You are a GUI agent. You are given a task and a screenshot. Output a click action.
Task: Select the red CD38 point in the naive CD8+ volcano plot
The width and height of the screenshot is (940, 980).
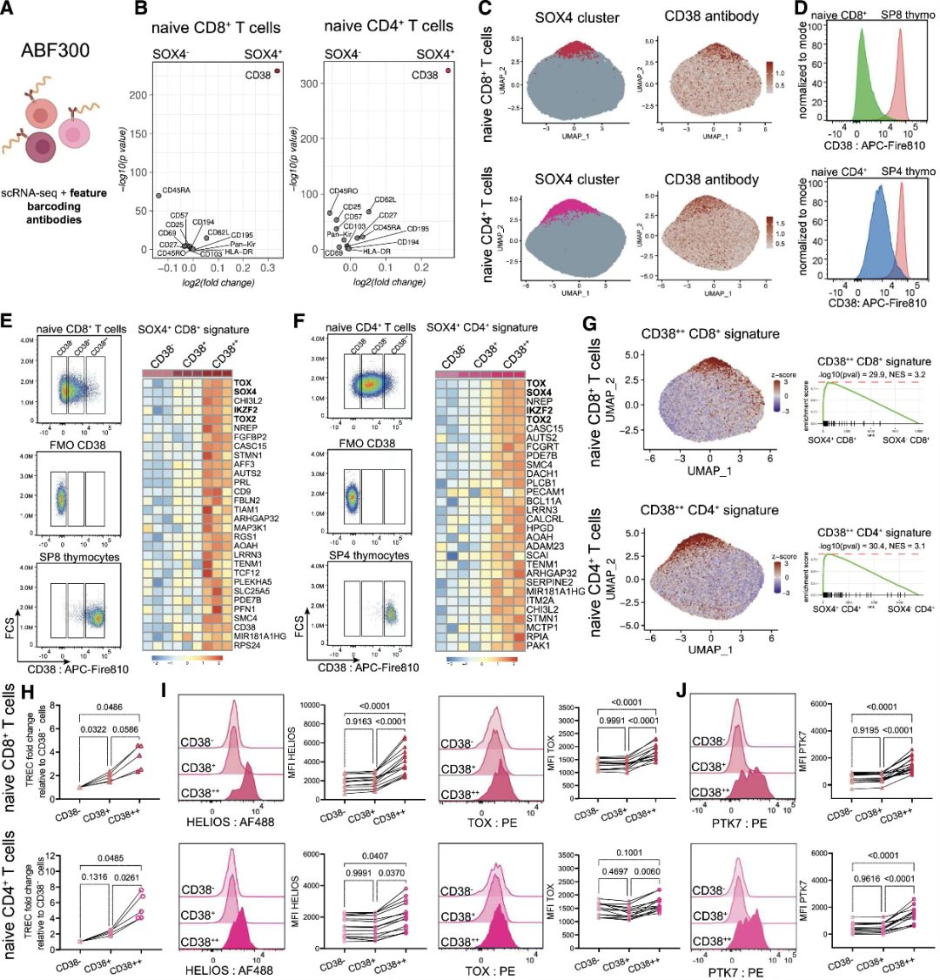point(278,71)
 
